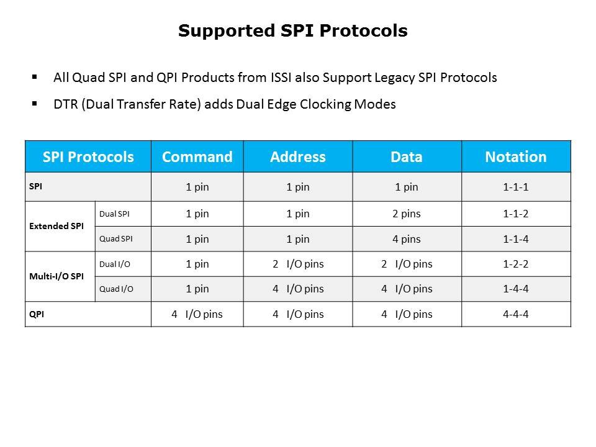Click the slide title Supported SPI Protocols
[292, 31]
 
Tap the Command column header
[197, 156]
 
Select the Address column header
[298, 156]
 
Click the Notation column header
[516, 156]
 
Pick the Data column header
[407, 156]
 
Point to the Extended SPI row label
[56, 226]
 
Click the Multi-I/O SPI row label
[56, 276]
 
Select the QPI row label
[37, 314]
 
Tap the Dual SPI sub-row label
[114, 214]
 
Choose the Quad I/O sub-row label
[116, 289]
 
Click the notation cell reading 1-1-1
[516, 187]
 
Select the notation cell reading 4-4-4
[516, 314]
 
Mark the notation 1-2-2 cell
[516, 264]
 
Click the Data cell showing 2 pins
[407, 214]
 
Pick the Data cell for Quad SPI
[407, 239]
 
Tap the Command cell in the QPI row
[197, 314]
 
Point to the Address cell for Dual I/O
[298, 264]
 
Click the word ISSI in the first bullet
[281, 78]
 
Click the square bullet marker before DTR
[35, 103]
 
